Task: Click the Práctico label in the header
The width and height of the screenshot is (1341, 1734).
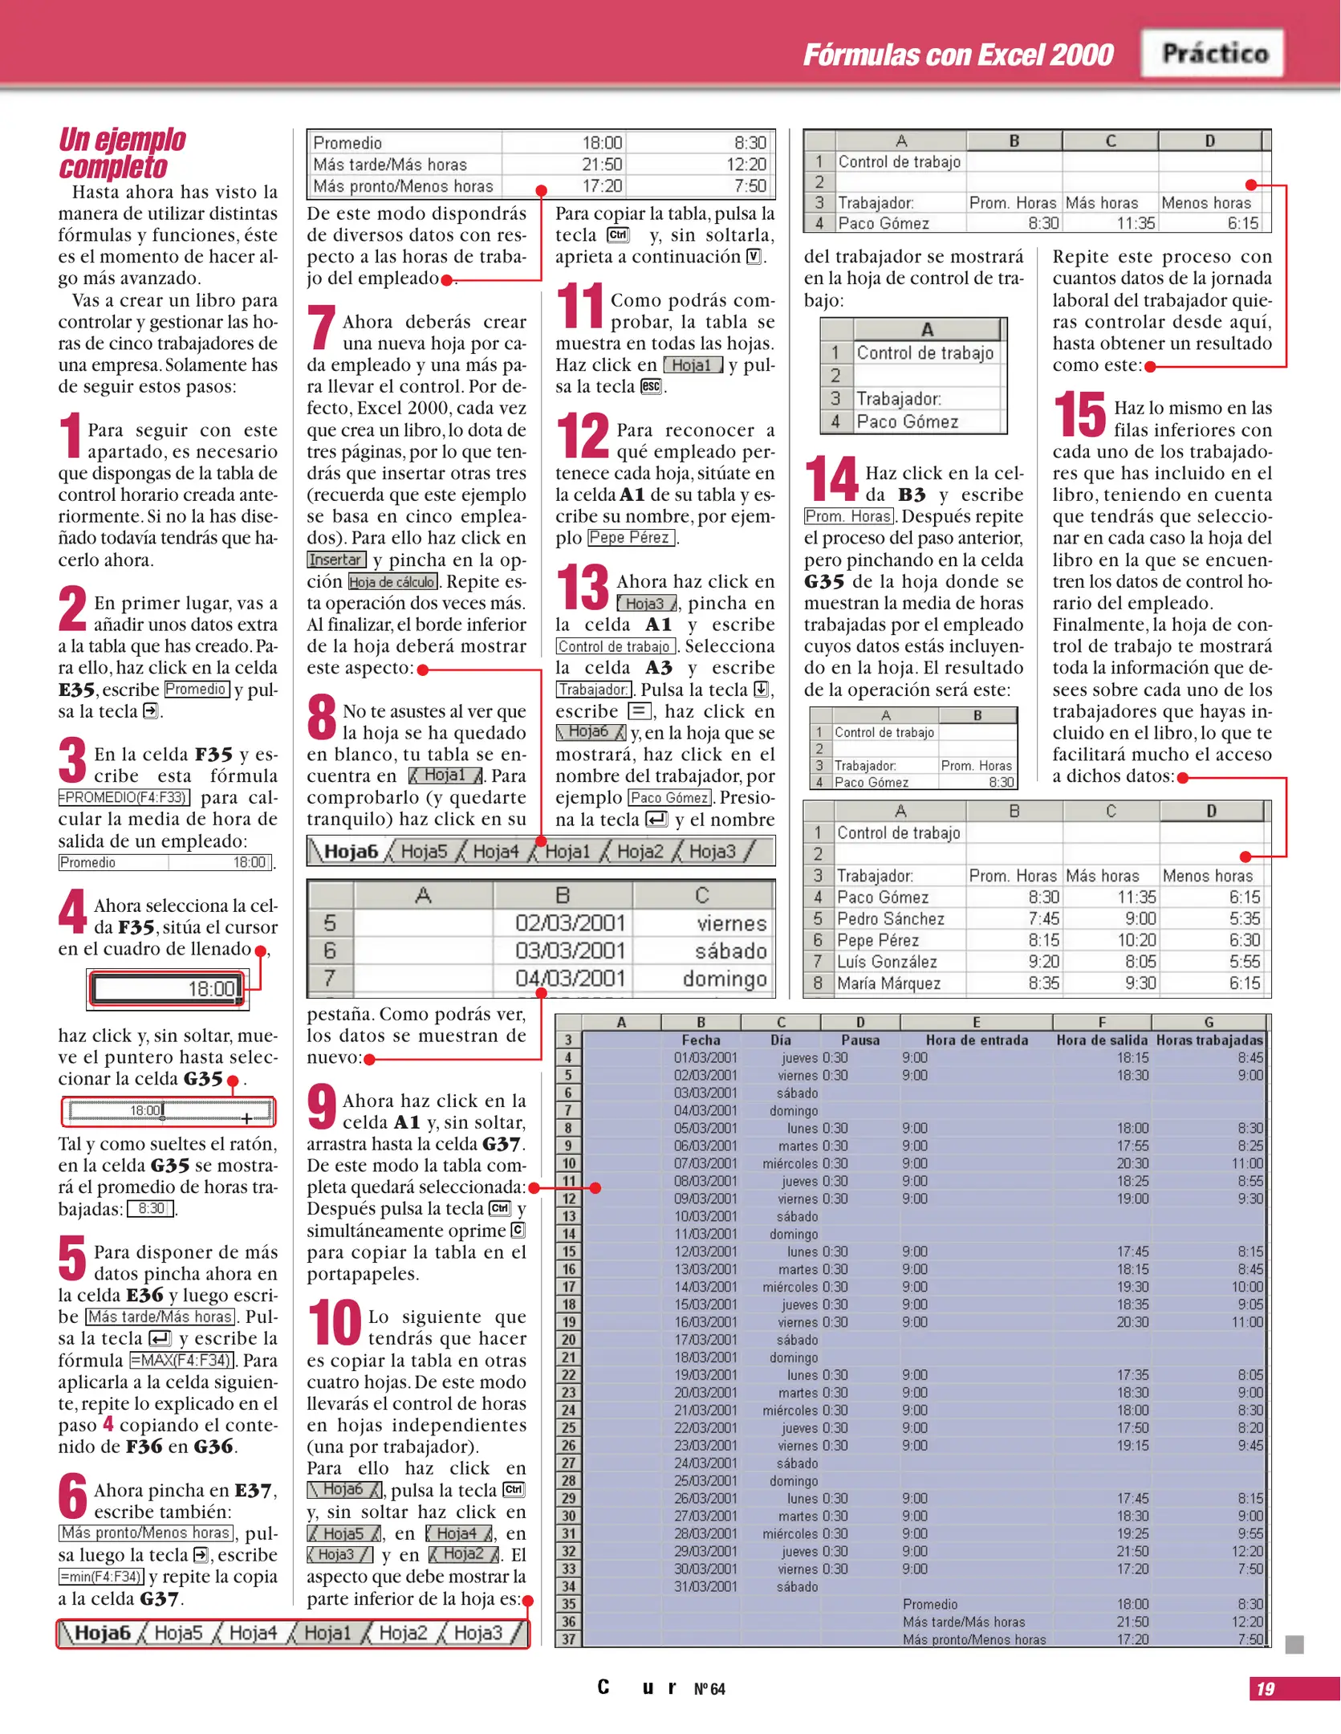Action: [x=1214, y=54]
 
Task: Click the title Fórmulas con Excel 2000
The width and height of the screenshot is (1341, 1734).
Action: [x=957, y=55]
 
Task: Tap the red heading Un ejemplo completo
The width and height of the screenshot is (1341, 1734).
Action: [x=122, y=153]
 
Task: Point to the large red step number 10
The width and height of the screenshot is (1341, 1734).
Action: [x=335, y=1323]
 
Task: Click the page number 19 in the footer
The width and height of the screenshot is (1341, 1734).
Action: [x=1266, y=1689]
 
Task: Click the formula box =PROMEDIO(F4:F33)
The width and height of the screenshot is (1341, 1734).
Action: [x=124, y=797]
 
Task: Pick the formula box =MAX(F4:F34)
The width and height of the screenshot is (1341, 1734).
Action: [x=182, y=1360]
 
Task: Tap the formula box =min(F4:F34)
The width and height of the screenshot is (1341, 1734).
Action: [x=101, y=1576]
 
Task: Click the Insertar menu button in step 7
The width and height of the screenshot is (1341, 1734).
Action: [x=336, y=560]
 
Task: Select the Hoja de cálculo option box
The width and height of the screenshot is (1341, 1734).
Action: [x=392, y=581]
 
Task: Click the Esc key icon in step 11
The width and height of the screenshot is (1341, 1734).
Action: [x=651, y=386]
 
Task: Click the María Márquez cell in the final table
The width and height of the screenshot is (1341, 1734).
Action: [x=888, y=983]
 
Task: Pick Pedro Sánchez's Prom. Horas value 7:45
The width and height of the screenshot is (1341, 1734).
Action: [x=1043, y=918]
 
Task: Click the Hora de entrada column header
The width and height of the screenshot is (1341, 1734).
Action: [x=977, y=1040]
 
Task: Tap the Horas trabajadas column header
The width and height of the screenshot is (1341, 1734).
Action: [x=1209, y=1040]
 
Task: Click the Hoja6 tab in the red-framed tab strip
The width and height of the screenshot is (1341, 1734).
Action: [x=103, y=1633]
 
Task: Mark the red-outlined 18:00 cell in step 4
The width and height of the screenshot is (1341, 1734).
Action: [x=167, y=988]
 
